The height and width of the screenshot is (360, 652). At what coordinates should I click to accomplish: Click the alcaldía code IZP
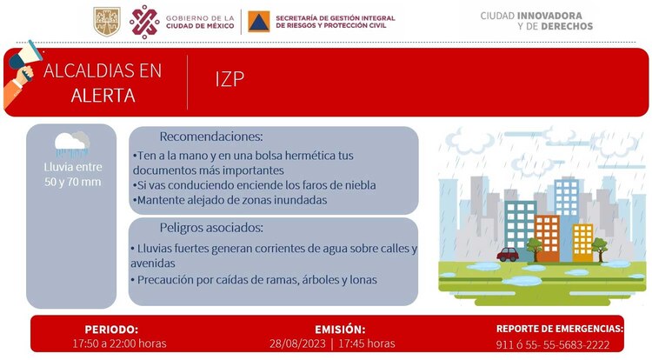point(230,79)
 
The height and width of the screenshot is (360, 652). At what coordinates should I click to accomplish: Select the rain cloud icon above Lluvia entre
point(70,143)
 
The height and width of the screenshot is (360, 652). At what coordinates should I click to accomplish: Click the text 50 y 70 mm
point(72,181)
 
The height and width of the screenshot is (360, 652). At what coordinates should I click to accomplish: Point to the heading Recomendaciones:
point(211,137)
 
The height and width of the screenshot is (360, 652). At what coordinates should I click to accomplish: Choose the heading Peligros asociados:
point(211,228)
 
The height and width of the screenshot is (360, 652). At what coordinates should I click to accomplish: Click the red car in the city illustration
point(509,255)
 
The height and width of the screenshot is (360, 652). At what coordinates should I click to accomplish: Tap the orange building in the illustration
point(547,237)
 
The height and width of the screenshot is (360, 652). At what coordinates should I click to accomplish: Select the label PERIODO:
point(111,330)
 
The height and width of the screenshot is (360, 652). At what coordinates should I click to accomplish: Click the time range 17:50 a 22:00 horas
point(118,344)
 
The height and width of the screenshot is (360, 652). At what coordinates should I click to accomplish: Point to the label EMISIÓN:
point(340,330)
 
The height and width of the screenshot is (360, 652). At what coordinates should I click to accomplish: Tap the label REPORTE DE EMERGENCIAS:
point(560,329)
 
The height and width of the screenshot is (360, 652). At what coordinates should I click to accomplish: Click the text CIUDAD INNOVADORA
point(536,15)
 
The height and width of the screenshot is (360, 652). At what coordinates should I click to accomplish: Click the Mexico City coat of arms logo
point(106,21)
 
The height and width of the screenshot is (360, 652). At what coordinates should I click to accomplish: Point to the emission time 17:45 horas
point(369,344)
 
